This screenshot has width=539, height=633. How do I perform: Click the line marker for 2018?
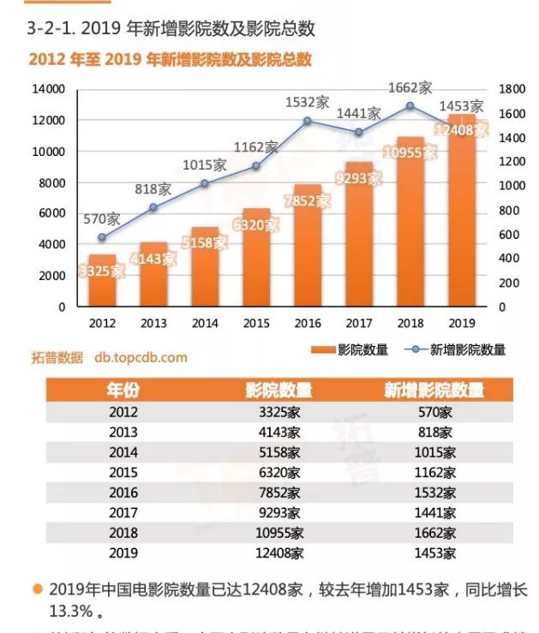tap(410, 105)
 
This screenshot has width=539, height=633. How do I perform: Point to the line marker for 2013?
tap(153, 207)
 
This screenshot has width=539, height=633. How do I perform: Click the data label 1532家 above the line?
tap(308, 102)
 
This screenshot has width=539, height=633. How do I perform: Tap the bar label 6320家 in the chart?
tap(256, 225)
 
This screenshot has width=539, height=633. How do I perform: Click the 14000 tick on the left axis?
tap(49, 89)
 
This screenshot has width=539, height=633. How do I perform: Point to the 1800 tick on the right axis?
tap(512, 89)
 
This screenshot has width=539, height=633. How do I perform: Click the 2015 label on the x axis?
tap(256, 323)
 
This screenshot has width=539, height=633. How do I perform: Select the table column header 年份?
tap(123, 391)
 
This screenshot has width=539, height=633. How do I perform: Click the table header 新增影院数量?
tap(434, 391)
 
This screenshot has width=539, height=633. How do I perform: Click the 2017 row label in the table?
tap(123, 513)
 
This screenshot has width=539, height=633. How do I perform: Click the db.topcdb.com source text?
tap(141, 357)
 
